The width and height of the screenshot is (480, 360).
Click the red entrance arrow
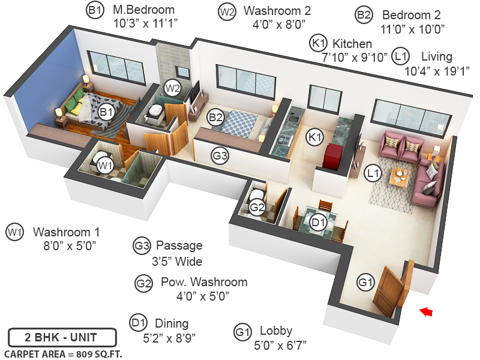coord(427,311)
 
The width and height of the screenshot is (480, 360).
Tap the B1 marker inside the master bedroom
coord(106,112)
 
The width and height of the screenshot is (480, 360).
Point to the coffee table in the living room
coord(400,176)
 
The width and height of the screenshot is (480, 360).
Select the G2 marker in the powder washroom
coord(257,208)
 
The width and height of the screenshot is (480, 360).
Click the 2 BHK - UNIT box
coord(53,337)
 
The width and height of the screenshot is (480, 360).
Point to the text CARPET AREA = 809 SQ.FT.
coord(63,353)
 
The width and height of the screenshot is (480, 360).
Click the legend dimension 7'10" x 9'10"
coord(347,58)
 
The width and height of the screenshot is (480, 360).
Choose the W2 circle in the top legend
coord(227,12)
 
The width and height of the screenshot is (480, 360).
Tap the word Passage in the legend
coord(179,245)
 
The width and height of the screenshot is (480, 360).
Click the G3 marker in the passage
coord(220,156)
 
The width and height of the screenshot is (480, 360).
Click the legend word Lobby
coord(276,331)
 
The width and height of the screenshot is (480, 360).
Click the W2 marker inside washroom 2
coord(173,88)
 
